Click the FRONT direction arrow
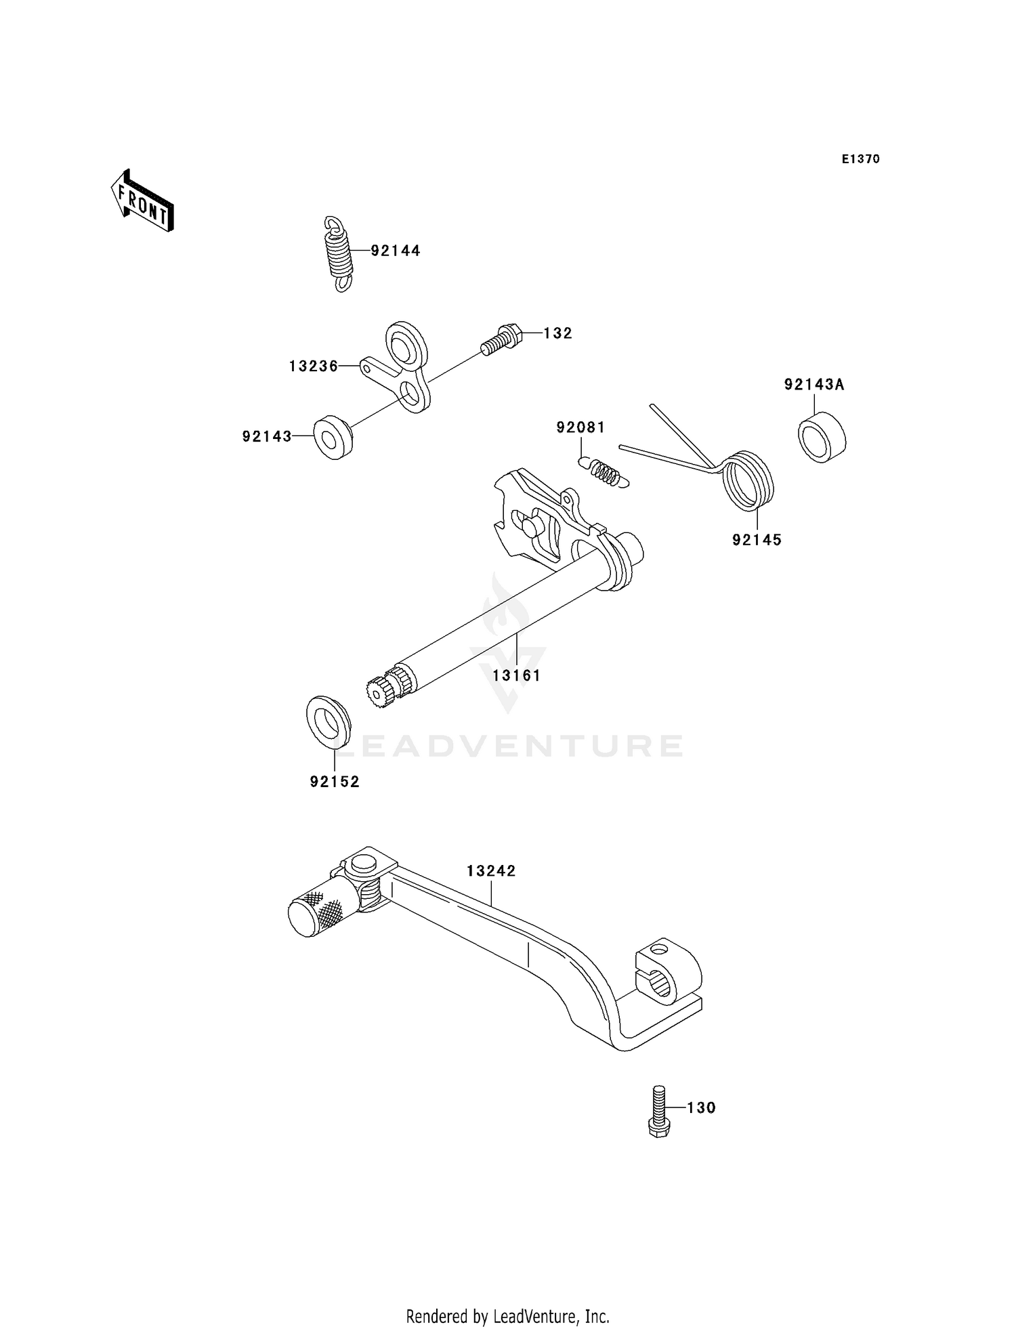tap(143, 201)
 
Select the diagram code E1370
tap(860, 159)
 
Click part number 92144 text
tap(396, 251)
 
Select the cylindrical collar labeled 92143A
tap(822, 437)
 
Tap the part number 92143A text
tap(814, 385)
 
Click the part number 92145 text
tap(757, 540)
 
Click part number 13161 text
tap(517, 675)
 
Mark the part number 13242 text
tap(491, 871)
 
